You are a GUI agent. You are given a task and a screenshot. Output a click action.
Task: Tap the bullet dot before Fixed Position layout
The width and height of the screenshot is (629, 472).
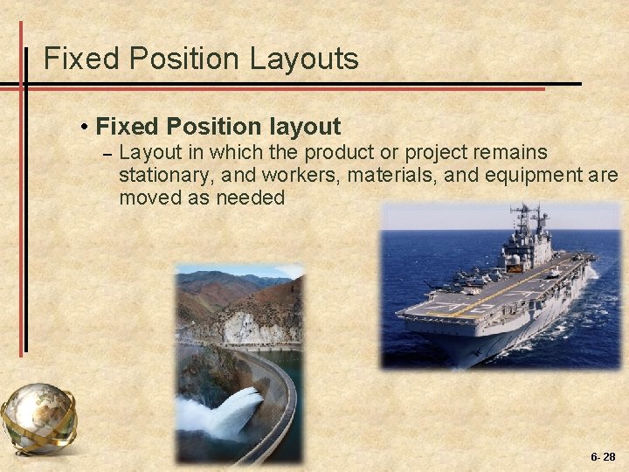(84, 128)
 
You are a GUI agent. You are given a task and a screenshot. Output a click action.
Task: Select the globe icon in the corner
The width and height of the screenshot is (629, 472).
(38, 418)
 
